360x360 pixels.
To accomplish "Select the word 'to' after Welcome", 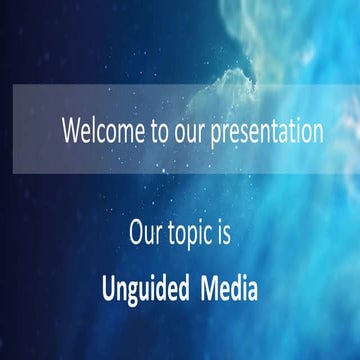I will coord(154,131).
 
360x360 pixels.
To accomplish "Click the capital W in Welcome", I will coord(70,131).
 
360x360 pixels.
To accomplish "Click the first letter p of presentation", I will coord(216,134).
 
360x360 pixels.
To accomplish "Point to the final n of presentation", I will coord(317,133).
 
